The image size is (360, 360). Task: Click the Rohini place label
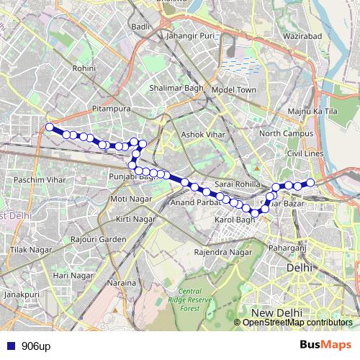(84, 68)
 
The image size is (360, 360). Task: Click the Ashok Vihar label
(202, 135)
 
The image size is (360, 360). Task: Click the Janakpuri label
(20, 294)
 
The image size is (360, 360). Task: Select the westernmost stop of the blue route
(50, 127)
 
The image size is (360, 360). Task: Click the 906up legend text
(36, 346)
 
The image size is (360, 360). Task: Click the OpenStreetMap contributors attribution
(297, 323)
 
